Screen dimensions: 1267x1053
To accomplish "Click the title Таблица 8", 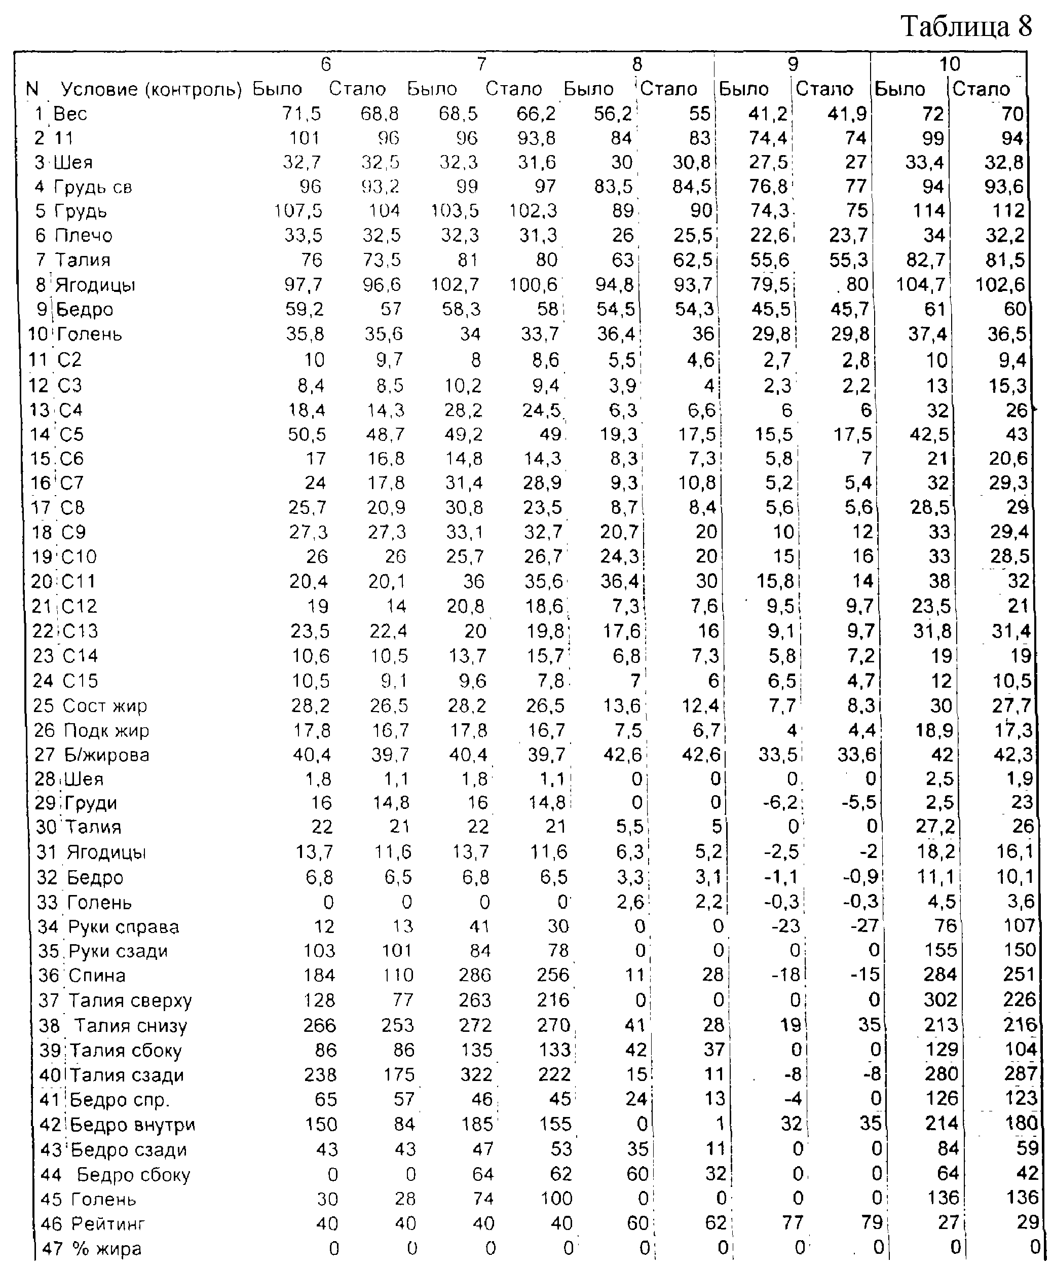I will point(966,27).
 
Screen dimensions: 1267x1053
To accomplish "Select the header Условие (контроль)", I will point(151,89).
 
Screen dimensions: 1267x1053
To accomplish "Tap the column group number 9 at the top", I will point(793,64).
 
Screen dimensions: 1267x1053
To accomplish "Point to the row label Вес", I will point(70,114).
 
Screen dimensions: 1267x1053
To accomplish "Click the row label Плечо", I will point(83,235).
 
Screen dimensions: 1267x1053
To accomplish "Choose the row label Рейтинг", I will point(108,1223).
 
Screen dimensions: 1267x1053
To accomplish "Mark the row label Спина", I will point(97,976).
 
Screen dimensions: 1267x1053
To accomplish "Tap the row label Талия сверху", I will point(130,1000).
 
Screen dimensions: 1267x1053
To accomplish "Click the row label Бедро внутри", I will point(133,1125).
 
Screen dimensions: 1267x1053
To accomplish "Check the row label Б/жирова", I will point(107,755).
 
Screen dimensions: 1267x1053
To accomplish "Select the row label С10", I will point(79,556).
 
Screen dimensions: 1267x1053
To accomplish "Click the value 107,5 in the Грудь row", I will point(298,210).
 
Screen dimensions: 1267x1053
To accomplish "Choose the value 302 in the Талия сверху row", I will point(939,1000).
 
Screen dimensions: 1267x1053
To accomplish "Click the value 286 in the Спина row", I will point(474,976).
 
